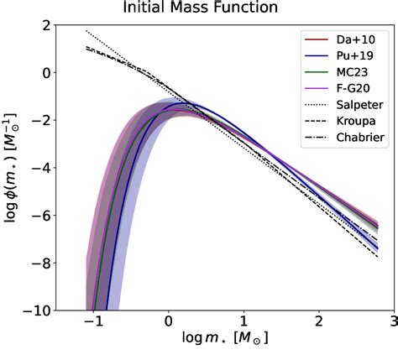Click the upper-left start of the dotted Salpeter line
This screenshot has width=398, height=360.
pyautogui.click(x=86, y=31)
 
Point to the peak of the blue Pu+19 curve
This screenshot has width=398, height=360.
pyautogui.click(x=186, y=104)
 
